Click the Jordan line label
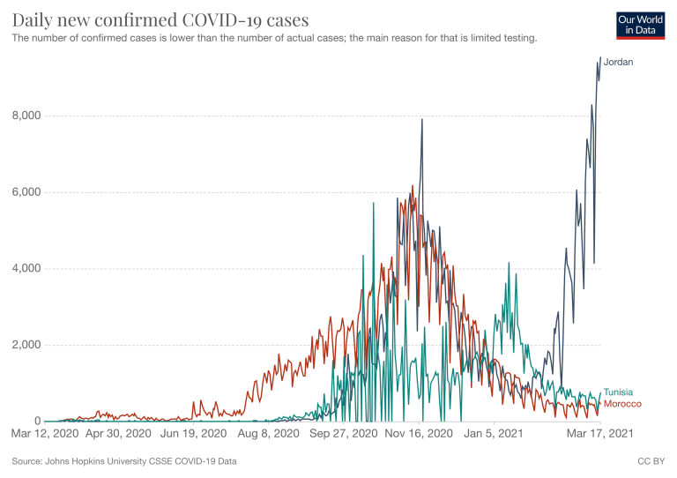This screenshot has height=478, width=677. pyautogui.click(x=619, y=63)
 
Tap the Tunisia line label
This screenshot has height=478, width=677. pyautogui.click(x=618, y=392)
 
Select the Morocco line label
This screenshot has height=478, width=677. pyautogui.click(x=621, y=404)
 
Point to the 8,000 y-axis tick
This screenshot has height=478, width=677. pyautogui.click(x=25, y=116)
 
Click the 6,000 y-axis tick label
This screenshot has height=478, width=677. pyautogui.click(x=25, y=192)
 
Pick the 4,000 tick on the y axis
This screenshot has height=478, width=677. pyautogui.click(x=25, y=268)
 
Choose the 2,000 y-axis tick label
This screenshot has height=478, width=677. pyautogui.click(x=25, y=345)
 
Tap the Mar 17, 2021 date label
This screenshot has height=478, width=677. pyautogui.click(x=599, y=435)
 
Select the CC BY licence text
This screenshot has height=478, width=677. pyautogui.click(x=649, y=461)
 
